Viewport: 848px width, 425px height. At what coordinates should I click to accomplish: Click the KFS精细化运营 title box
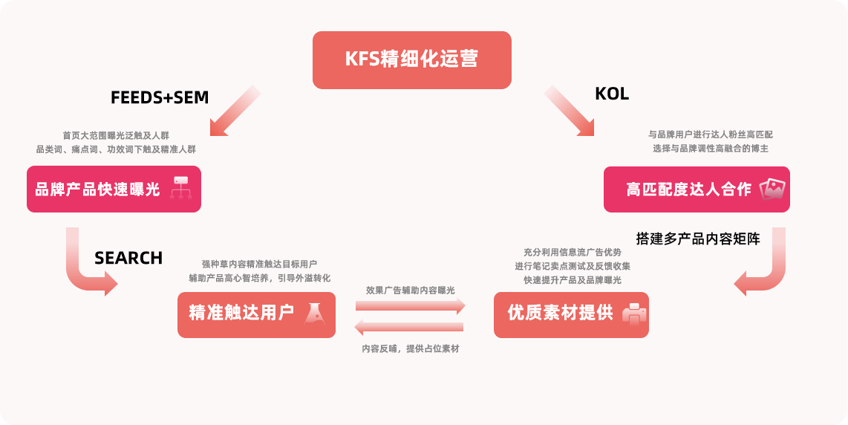[x=411, y=59]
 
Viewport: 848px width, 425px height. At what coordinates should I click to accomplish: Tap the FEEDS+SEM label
[x=160, y=97]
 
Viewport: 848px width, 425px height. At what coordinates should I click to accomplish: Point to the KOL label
[x=612, y=94]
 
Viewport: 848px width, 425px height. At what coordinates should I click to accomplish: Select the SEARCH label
[x=128, y=258]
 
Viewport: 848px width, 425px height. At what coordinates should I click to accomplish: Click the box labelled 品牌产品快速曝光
[x=114, y=189]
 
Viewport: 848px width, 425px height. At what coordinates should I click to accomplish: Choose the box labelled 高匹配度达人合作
[x=696, y=189]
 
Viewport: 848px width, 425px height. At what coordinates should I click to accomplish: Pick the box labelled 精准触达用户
[x=255, y=314]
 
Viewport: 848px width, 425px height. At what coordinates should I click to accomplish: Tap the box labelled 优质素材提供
[x=570, y=314]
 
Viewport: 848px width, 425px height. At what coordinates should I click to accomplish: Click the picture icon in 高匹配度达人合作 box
[x=773, y=189]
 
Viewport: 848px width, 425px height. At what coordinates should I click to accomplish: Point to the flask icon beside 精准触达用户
[x=316, y=314]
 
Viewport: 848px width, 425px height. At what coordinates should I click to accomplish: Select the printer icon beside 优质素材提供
[x=633, y=314]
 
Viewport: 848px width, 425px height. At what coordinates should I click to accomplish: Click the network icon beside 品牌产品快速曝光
[x=181, y=188]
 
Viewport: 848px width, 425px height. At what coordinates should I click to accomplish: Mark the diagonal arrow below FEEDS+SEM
[x=235, y=111]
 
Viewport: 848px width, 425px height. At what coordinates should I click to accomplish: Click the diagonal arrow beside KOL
[x=570, y=111]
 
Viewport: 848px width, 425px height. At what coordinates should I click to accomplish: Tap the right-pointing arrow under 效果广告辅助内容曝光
[x=410, y=305]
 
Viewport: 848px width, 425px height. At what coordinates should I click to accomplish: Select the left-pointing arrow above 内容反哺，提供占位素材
[x=409, y=327]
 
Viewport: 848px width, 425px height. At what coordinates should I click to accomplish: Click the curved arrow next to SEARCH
[x=87, y=266]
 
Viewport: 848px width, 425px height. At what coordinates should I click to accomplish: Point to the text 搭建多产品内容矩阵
[x=698, y=239]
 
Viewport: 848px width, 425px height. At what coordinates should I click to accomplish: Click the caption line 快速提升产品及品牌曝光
[x=572, y=280]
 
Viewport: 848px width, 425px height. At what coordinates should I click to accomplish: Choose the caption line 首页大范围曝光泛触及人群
[x=116, y=135]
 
